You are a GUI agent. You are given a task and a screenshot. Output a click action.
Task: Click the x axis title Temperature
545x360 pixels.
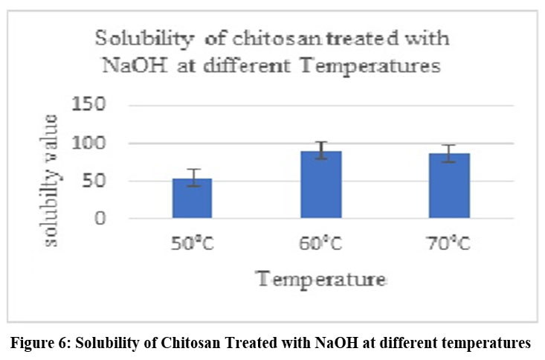tap(321, 280)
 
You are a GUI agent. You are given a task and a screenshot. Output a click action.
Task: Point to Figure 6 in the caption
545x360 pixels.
tap(47, 343)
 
